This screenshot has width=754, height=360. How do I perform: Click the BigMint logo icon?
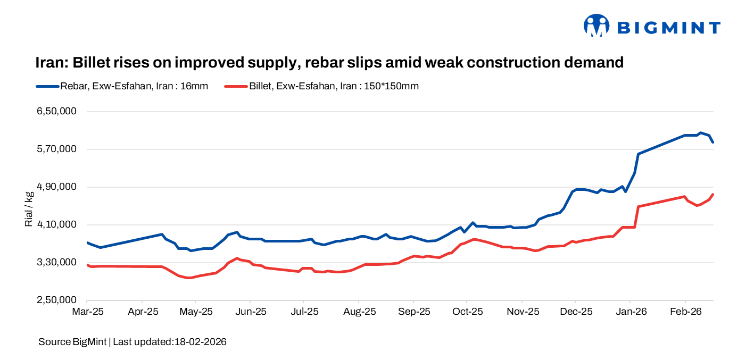pyautogui.click(x=596, y=26)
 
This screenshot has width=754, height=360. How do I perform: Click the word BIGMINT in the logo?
pyautogui.click(x=668, y=27)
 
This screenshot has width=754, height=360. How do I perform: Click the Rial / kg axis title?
pyautogui.click(x=29, y=208)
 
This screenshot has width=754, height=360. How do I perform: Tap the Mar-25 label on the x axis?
pyautogui.click(x=87, y=312)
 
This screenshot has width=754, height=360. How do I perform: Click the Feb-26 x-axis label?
pyautogui.click(x=685, y=312)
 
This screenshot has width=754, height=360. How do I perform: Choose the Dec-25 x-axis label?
pyautogui.click(x=576, y=312)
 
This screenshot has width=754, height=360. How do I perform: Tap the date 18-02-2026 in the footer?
pyautogui.click(x=201, y=342)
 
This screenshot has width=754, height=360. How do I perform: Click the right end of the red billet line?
pyautogui.click(x=712, y=195)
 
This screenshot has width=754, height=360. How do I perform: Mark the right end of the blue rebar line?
pyautogui.click(x=712, y=142)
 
